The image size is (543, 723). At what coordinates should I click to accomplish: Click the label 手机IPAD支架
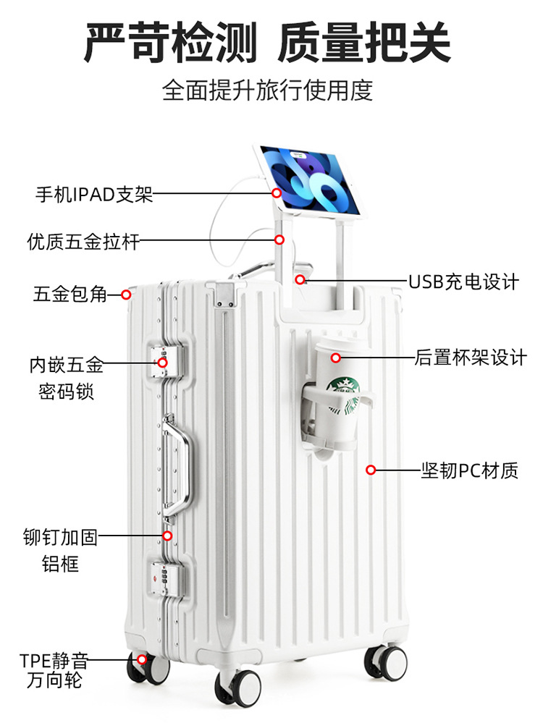click(x=94, y=194)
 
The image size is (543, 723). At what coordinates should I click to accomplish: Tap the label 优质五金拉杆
click(x=83, y=240)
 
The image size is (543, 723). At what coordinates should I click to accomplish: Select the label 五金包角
click(x=70, y=295)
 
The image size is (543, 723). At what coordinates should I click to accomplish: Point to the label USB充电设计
click(x=464, y=281)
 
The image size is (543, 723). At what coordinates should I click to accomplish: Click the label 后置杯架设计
click(x=471, y=358)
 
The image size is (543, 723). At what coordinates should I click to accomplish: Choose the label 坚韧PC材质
click(x=470, y=470)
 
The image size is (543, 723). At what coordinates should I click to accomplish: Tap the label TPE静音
click(x=54, y=661)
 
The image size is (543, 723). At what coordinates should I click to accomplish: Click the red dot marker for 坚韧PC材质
click(x=371, y=470)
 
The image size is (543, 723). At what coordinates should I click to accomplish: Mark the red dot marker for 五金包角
click(x=126, y=295)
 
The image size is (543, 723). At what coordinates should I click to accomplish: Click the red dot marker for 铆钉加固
click(x=167, y=536)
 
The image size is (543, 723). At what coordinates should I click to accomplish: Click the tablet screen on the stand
click(x=309, y=179)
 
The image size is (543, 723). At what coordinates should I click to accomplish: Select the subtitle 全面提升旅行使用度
click(x=267, y=91)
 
